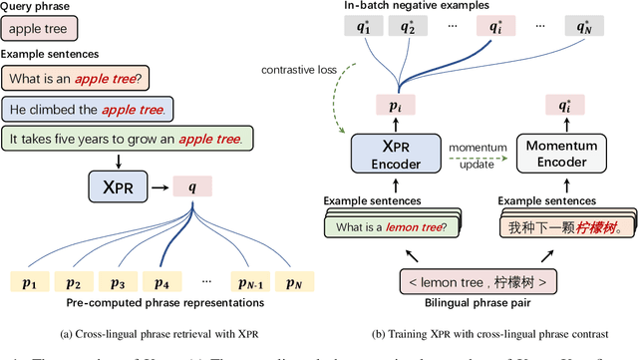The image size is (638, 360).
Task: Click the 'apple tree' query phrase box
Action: click(36, 32)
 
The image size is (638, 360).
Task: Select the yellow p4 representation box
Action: click(163, 282)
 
